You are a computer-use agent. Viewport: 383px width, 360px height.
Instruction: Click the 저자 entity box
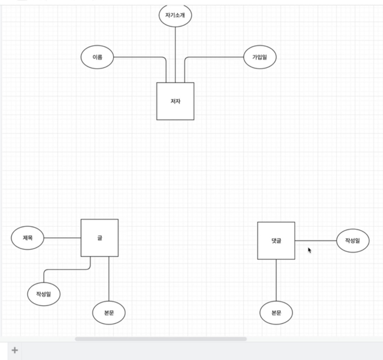[x=175, y=101]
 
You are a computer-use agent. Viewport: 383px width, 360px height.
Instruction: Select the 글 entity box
[x=100, y=238]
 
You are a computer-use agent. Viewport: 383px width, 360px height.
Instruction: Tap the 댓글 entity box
[x=276, y=241]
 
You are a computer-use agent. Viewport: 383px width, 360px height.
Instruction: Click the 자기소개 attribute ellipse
[x=175, y=15]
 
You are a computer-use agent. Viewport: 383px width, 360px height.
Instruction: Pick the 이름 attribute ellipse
[x=97, y=57]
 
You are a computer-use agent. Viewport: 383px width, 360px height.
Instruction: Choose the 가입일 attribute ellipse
[x=260, y=57]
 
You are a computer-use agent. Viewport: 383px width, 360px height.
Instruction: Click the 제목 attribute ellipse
[x=27, y=238]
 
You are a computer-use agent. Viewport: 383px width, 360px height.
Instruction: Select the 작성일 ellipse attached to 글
[x=44, y=294]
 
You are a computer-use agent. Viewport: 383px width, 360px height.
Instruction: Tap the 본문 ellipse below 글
[x=109, y=313]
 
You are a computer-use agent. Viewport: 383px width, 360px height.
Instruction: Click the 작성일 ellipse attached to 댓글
[x=353, y=241]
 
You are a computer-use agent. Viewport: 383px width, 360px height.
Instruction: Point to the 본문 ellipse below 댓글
[x=276, y=313]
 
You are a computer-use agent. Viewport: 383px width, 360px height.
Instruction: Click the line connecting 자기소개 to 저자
[x=175, y=55]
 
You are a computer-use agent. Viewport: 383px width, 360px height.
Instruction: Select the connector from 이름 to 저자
[x=141, y=57]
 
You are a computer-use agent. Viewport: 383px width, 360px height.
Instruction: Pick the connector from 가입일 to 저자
[x=213, y=57]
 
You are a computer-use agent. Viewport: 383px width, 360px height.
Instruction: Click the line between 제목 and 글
[x=62, y=238]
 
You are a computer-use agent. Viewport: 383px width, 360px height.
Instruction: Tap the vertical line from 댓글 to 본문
[x=276, y=280]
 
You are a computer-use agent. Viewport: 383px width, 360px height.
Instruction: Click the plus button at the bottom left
[x=15, y=350]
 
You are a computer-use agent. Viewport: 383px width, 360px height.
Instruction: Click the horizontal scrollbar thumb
[x=161, y=339]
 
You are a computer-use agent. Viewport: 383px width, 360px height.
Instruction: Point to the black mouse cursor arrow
[x=309, y=250]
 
